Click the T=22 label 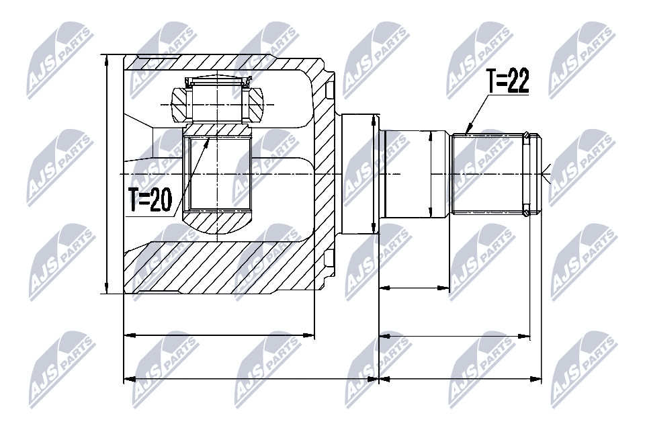click(x=508, y=82)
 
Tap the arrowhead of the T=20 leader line click(x=208, y=138)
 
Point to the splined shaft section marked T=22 click(x=487, y=173)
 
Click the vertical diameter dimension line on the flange click(x=374, y=173)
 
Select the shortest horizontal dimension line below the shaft click(x=415, y=288)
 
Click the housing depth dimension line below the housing click(x=220, y=334)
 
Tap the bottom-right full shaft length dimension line click(x=461, y=380)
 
